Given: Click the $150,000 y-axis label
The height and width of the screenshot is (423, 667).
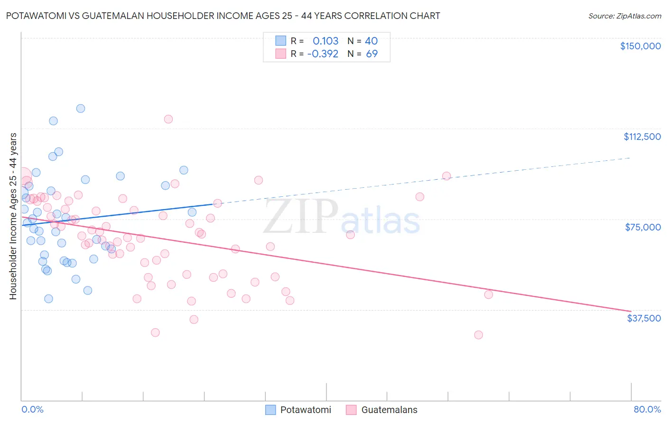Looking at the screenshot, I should coord(640,46).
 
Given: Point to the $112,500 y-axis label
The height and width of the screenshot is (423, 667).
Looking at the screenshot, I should coord(642,137).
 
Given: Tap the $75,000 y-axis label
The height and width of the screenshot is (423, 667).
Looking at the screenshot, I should coord(643,227).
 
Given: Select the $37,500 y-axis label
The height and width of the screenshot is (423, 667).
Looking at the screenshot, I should coord(644,318).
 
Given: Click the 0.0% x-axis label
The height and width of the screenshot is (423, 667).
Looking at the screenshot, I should coord(32,409).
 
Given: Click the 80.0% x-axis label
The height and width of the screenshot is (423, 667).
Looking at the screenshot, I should coord(647,409).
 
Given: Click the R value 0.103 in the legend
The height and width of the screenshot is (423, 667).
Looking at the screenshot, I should coord(325,41).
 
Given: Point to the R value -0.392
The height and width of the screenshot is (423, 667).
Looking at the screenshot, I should coord(323,54).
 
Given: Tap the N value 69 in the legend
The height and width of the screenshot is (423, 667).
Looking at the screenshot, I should coord(372,54).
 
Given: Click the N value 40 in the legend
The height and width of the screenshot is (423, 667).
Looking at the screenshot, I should coord(371,41).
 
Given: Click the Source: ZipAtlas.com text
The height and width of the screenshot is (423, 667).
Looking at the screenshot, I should coord(624,16).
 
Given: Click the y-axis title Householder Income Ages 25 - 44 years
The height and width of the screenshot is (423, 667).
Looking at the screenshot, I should coord(13,216).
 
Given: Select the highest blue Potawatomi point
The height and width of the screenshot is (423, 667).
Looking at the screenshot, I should coord(81,109).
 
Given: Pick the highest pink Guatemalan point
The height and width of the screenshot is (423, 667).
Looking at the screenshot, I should coord(168,119).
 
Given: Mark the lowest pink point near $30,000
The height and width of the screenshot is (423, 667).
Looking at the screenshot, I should coord(478,335).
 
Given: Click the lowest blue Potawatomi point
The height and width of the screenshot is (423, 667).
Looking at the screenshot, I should coord(48,299).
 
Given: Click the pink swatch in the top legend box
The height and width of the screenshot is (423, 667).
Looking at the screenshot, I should coord(281,54).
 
